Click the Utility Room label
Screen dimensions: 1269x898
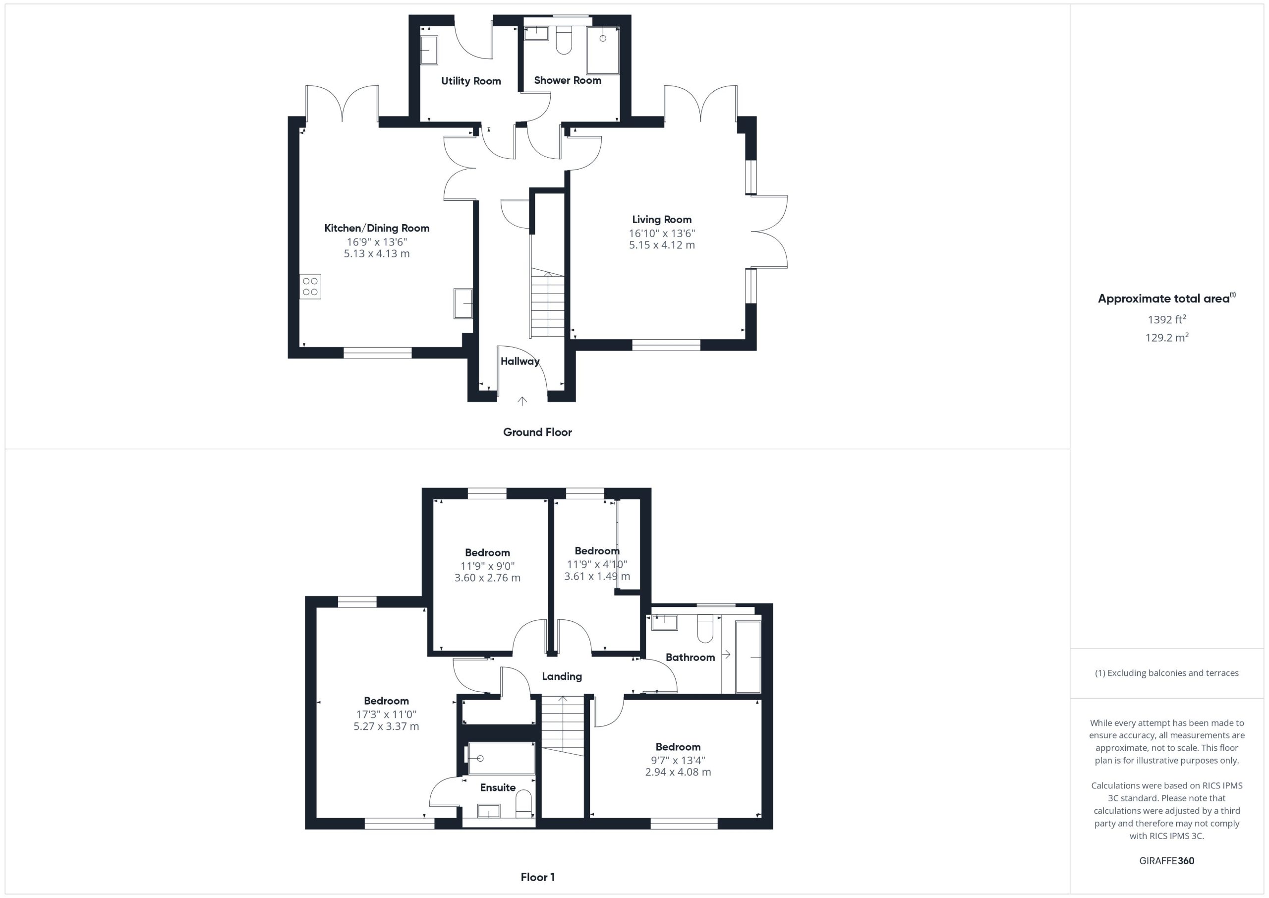471,81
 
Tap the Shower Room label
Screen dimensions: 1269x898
568,80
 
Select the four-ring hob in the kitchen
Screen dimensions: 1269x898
310,287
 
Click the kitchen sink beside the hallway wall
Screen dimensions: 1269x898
463,303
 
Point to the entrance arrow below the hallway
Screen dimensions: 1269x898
522,401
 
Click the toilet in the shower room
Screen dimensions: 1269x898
563,40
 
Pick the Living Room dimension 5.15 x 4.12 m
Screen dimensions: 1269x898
662,245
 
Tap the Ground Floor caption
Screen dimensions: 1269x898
537,432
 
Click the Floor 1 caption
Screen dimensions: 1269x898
538,877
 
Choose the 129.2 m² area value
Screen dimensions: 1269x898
1167,337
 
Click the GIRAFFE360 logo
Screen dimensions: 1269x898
1167,860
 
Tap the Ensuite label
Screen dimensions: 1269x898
498,787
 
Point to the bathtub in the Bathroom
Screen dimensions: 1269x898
749,657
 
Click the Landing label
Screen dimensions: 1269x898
562,676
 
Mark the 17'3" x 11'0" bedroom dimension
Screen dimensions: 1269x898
386,715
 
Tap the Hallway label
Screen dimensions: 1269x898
520,361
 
